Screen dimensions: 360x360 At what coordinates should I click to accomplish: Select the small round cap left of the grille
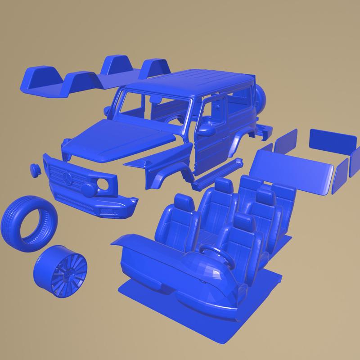click(x=35, y=169)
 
